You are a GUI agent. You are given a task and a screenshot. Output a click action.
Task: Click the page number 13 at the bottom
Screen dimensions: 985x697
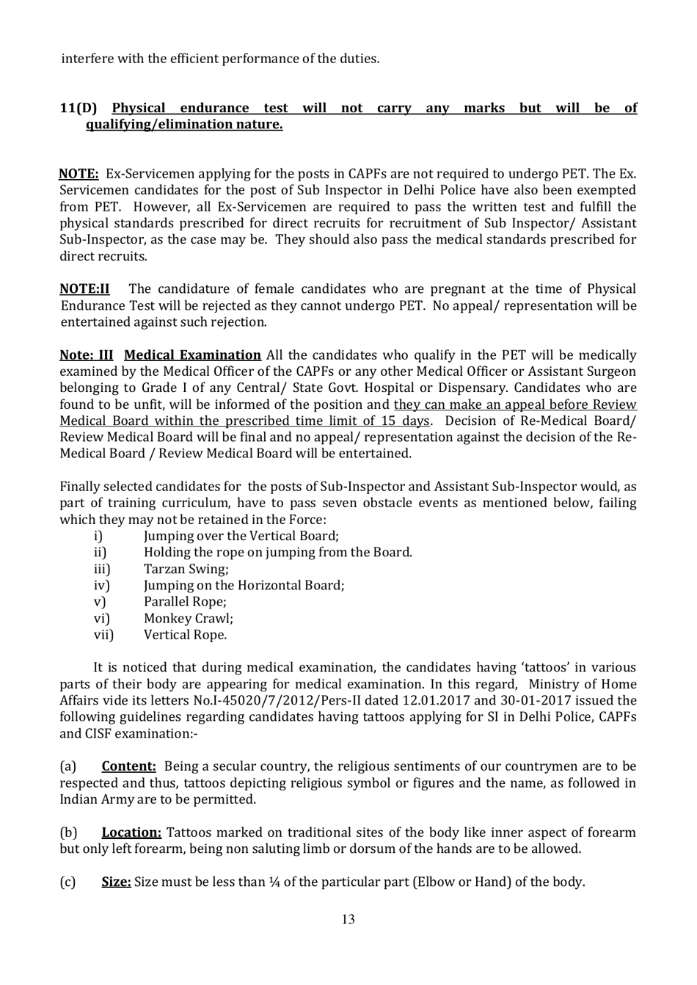tap(348, 920)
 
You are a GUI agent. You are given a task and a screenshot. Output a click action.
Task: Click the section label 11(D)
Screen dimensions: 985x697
tap(78, 109)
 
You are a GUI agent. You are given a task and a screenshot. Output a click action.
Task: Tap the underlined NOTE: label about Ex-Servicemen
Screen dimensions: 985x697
tap(79, 175)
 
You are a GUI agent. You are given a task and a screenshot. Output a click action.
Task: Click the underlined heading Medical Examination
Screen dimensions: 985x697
tap(192, 355)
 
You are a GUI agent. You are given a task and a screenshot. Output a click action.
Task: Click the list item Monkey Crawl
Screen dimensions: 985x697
tap(188, 619)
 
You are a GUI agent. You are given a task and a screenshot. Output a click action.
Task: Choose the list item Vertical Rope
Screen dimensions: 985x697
tap(185, 635)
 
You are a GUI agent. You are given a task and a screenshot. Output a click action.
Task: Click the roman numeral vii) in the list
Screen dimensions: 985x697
tap(103, 635)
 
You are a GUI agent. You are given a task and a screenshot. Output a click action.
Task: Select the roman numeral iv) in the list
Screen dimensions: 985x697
tap(101, 586)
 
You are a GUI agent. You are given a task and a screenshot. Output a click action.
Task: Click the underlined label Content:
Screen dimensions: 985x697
tap(128, 767)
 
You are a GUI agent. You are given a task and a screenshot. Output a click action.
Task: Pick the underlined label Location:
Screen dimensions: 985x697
tap(131, 833)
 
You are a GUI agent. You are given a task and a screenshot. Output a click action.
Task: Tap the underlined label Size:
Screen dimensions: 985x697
tap(116, 882)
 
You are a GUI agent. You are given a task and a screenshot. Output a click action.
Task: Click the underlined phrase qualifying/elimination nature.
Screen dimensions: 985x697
tap(184, 125)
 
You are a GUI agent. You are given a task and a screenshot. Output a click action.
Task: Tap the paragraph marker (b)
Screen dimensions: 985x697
tap(68, 833)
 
